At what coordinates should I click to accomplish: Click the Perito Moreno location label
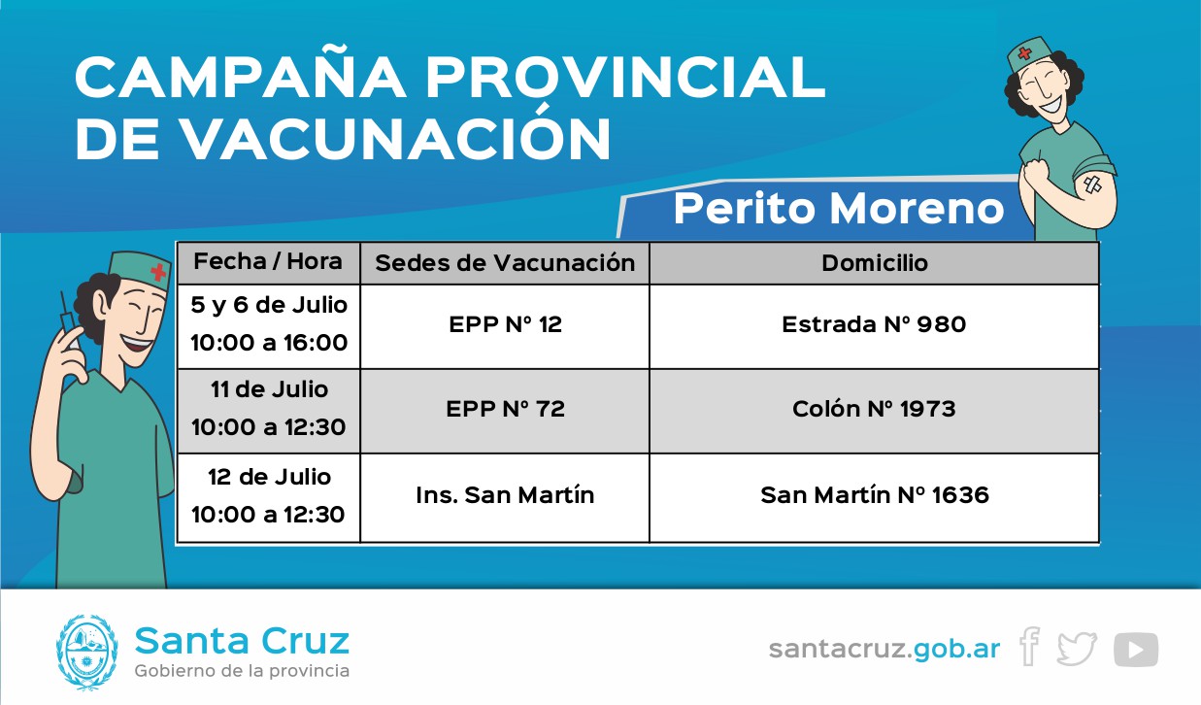[x=839, y=209]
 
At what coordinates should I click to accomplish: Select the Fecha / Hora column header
[x=268, y=261]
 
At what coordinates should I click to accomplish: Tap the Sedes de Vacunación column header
[x=505, y=263]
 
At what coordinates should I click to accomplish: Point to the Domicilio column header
[x=875, y=263]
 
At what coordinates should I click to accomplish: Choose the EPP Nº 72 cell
[x=505, y=409]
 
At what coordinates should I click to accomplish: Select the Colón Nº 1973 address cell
[x=874, y=409]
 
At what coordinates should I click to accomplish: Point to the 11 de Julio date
[x=269, y=389]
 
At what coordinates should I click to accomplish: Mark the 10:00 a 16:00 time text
[x=269, y=343]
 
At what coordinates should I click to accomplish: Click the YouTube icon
[x=1136, y=650]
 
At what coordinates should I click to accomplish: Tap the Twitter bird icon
[x=1077, y=650]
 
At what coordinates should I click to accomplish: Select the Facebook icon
[x=1029, y=647]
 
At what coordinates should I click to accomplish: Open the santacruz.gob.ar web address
[x=884, y=650]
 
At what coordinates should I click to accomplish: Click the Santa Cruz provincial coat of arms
[x=86, y=652]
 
